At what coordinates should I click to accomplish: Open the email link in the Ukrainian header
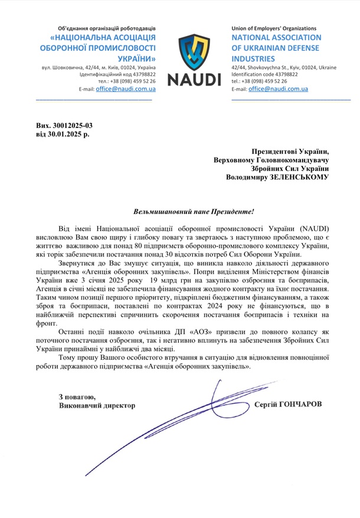click(126, 88)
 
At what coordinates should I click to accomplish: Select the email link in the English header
click(278, 88)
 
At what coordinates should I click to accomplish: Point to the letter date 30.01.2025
click(64, 135)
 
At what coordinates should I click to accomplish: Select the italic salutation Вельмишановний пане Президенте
click(194, 211)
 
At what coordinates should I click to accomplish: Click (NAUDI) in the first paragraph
click(318, 228)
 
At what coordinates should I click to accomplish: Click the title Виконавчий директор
click(97, 406)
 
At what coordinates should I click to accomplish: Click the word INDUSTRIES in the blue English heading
click(253, 59)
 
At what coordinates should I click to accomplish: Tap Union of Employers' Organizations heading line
click(273, 28)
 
